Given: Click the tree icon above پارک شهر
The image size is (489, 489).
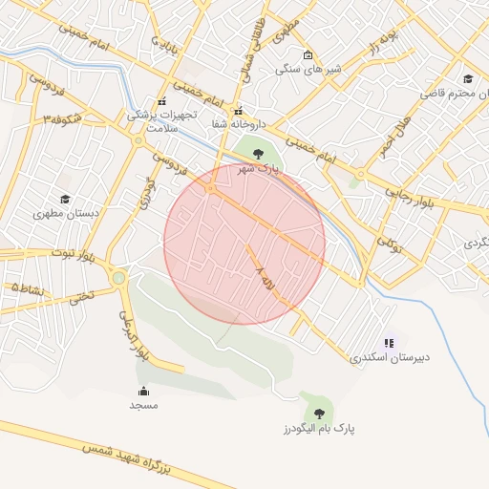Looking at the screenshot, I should pos(259,153).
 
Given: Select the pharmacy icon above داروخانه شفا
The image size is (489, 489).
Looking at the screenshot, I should pos(239,109).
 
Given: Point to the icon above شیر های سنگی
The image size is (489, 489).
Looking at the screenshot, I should pos(307,54).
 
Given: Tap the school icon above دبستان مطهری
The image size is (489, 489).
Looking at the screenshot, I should pos(65,200).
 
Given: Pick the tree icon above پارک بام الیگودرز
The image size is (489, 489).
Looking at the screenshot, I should pos(319,414).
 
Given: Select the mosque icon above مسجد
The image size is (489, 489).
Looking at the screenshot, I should pos(143,391).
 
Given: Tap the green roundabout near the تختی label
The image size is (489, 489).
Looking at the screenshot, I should pos(119,279).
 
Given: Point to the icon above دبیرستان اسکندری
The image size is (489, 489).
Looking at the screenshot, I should pos(389,342).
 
